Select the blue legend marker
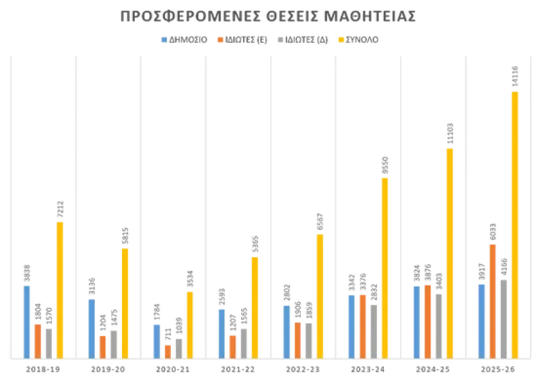pyautogui.click(x=163, y=39)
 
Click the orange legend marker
pyautogui.click(x=221, y=39)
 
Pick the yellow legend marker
pyautogui.click(x=340, y=39)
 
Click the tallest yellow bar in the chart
pyautogui.click(x=515, y=221)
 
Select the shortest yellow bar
pyautogui.click(x=189, y=322)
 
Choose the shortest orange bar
pyautogui.click(x=168, y=349)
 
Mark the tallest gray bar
pyautogui.click(x=503, y=316)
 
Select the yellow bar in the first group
pyautogui.click(x=61, y=287)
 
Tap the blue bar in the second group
pyautogui.click(x=91, y=325)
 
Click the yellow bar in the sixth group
pyautogui.click(x=385, y=265)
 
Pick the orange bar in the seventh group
pyautogui.click(x=428, y=319)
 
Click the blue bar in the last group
pyautogui.click(x=481, y=319)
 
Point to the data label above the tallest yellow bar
pyautogui.click(x=515, y=76)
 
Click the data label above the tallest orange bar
pyautogui.click(x=493, y=231)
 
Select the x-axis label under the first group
pyautogui.click(x=43, y=369)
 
